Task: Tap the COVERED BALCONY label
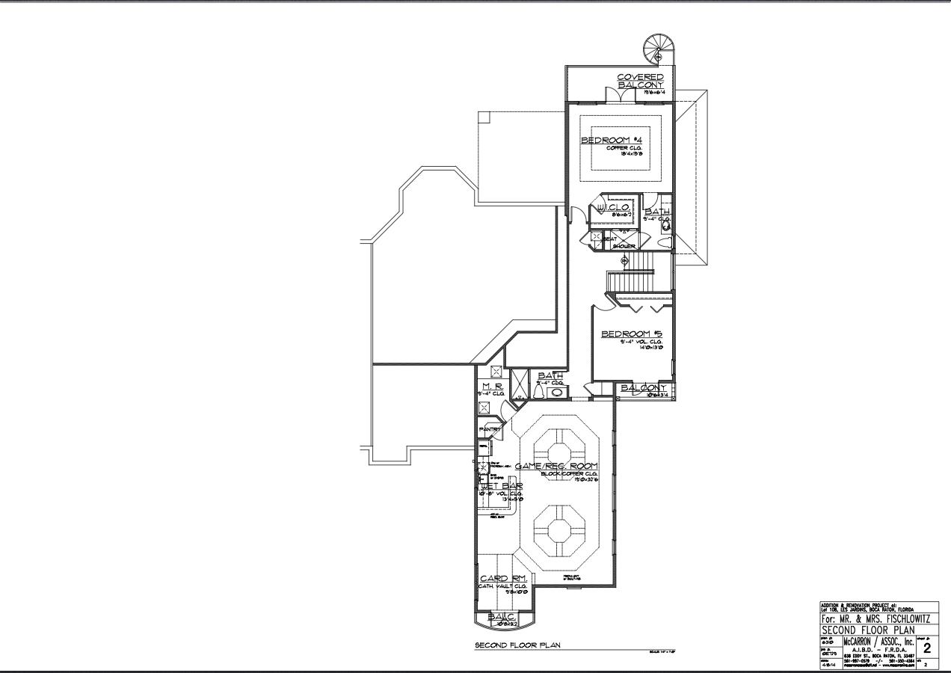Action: (x=640, y=81)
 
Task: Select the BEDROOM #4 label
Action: (x=612, y=140)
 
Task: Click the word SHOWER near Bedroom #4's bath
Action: (x=624, y=246)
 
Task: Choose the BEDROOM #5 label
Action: (x=632, y=334)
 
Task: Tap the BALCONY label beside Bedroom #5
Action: (x=643, y=388)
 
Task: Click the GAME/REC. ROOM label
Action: (x=556, y=467)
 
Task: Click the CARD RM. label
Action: (x=503, y=579)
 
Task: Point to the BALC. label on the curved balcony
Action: (x=500, y=617)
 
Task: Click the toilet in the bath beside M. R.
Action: (x=538, y=391)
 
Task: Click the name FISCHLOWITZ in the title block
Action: (x=896, y=619)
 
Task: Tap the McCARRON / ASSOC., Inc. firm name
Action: (x=879, y=641)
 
